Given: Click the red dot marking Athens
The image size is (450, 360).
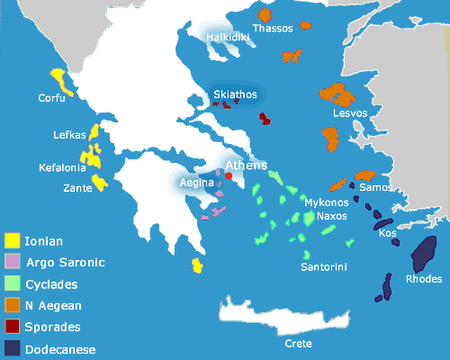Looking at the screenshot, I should pyautogui.click(x=227, y=177).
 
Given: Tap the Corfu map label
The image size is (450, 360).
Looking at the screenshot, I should pyautogui.click(x=51, y=97).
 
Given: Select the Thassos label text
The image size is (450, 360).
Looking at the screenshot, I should pyautogui.click(x=273, y=29).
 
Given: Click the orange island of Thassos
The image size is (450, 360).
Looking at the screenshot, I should pyautogui.click(x=265, y=15).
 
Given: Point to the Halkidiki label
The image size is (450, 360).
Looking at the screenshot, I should pyautogui.click(x=222, y=38).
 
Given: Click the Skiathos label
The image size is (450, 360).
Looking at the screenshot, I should pyautogui.click(x=236, y=94).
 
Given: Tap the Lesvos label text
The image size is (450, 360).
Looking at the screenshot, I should pyautogui.click(x=349, y=113).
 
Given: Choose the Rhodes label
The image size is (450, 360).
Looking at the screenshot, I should pyautogui.click(x=424, y=279).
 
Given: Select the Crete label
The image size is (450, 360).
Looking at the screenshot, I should pyautogui.click(x=299, y=343).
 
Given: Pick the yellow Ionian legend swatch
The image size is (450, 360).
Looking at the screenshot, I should pyautogui.click(x=13, y=240).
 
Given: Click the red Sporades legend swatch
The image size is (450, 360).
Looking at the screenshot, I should pyautogui.click(x=13, y=328).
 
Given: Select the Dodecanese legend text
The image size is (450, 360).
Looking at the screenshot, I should pyautogui.click(x=60, y=350).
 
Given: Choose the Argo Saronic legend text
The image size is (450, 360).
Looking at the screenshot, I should pyautogui.click(x=65, y=263).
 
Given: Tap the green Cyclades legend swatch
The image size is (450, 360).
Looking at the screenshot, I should pyautogui.click(x=13, y=284).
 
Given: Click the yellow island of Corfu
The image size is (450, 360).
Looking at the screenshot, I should pyautogui.click(x=59, y=78).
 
